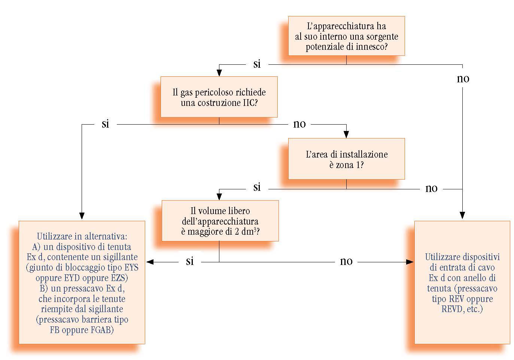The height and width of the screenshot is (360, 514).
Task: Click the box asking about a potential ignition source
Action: click(346, 36)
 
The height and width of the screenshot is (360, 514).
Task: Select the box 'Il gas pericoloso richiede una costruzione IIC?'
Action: click(219, 97)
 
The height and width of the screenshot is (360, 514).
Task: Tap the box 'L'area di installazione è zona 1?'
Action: click(346, 159)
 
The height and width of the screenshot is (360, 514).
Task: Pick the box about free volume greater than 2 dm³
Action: click(220, 221)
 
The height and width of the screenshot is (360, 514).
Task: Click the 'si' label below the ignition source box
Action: click(257, 64)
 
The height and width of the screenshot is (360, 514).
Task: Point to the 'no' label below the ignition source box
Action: click(463, 79)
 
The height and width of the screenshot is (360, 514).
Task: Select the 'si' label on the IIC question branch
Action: click(106, 124)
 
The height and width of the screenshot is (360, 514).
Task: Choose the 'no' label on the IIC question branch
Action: click(299, 124)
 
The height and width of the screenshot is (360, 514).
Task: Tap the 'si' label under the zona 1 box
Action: click(257, 187)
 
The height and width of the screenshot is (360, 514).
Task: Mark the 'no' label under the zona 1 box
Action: click(432, 188)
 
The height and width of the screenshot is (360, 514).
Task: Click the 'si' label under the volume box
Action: click(190, 261)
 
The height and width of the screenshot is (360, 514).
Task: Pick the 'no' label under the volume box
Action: click(346, 261)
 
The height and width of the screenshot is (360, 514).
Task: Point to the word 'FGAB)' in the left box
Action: click(100, 330)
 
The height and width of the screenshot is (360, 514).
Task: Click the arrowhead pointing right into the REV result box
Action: click(410, 262)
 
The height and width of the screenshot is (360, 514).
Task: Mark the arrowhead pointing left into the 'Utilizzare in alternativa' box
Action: click(150, 262)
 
